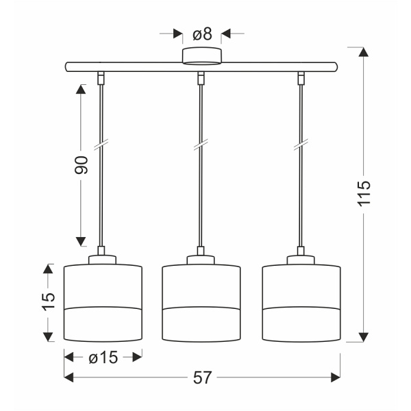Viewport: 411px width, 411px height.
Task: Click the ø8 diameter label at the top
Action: click(x=201, y=33)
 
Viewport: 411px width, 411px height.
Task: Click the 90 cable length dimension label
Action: click(x=82, y=165)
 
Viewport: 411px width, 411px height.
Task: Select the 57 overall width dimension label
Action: click(x=201, y=377)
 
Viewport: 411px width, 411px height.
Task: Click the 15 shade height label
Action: click(x=47, y=302)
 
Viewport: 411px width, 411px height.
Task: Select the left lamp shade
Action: click(x=102, y=301)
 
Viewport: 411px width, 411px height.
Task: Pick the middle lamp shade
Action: click(x=201, y=301)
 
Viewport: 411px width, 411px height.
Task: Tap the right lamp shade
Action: click(x=301, y=301)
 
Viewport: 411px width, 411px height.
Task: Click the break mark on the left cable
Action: click(x=101, y=147)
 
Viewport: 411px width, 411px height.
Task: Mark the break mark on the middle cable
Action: click(x=201, y=147)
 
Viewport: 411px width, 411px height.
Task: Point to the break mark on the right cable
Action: click(x=301, y=147)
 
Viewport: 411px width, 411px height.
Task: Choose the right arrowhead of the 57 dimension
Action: click(x=335, y=377)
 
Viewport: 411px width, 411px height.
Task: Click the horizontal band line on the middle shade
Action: click(x=201, y=308)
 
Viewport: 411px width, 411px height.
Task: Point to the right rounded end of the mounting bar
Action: click(x=336, y=67)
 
